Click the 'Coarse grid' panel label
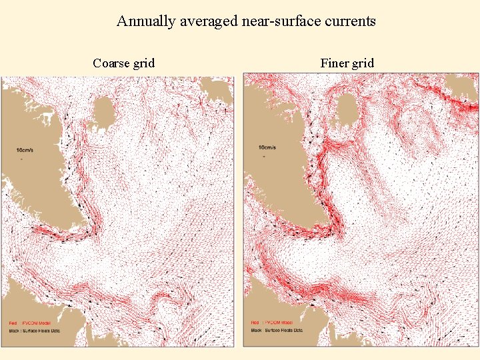coord(124,63)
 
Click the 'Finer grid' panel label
coord(347,63)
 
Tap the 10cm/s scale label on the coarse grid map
coord(25,149)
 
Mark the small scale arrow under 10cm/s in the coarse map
coord(23,159)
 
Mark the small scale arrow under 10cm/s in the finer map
coord(265,157)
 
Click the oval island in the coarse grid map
coord(105,112)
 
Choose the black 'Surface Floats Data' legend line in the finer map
coord(277,330)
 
